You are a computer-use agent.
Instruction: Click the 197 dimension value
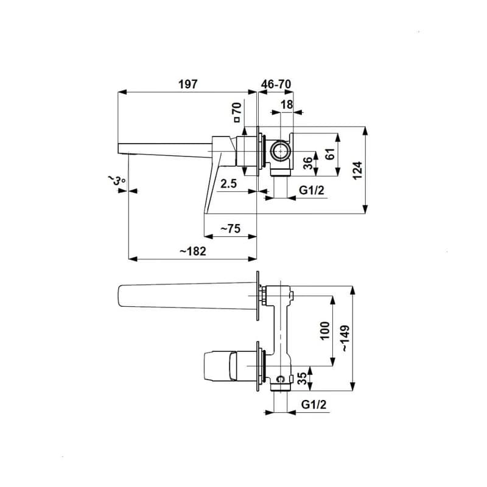188,84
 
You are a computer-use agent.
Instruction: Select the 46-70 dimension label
276,84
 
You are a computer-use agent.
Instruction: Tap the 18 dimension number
287,105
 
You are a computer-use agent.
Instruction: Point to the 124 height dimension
358,170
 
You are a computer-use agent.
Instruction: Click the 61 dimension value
330,154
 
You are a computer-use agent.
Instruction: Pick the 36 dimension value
307,163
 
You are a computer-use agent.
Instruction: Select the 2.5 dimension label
229,184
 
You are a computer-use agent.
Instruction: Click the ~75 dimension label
231,229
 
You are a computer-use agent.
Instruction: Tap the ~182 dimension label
193,251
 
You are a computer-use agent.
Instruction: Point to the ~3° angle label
116,180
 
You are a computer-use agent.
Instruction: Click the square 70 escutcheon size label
237,112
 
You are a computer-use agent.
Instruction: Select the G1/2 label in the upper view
312,190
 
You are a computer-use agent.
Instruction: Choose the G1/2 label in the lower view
314,404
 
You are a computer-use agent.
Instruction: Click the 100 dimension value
324,331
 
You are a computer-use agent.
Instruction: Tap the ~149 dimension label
345,338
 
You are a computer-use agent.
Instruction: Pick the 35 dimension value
302,379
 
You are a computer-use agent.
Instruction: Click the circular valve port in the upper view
281,151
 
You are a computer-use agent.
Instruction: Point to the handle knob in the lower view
220,366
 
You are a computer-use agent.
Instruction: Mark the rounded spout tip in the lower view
119,296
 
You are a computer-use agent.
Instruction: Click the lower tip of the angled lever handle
205,214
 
